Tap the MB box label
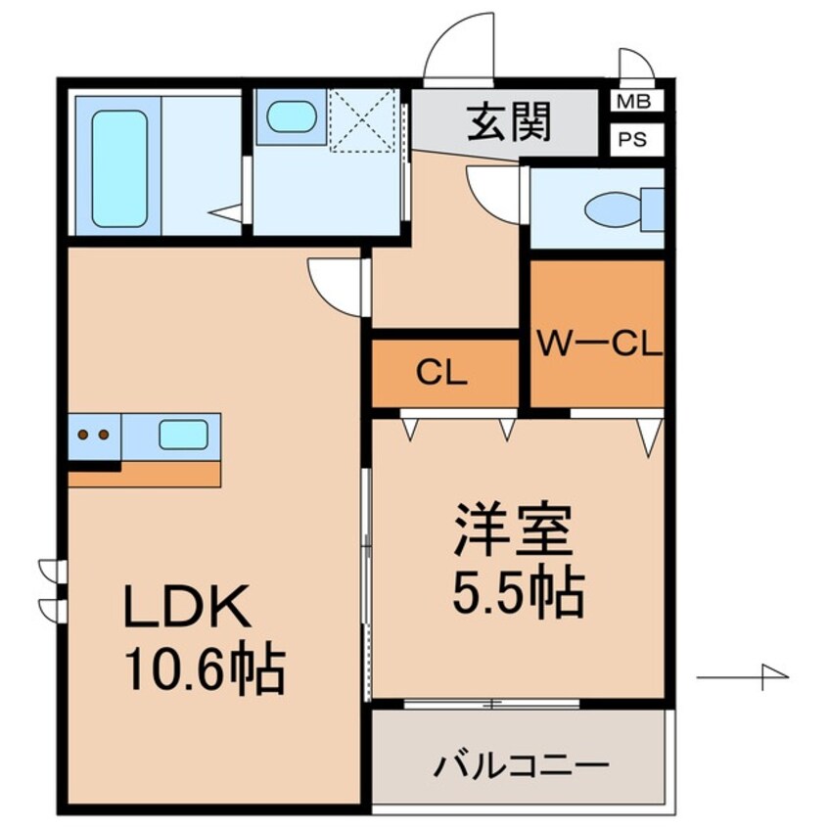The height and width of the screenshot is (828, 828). pyautogui.click(x=636, y=101)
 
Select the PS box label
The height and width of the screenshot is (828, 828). pyautogui.click(x=636, y=138)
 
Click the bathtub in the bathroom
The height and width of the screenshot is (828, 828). pyautogui.click(x=119, y=167)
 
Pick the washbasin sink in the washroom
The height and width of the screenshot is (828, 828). pyautogui.click(x=291, y=117)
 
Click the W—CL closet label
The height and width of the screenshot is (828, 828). pyautogui.click(x=598, y=344)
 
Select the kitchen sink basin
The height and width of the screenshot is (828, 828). pyautogui.click(x=183, y=436)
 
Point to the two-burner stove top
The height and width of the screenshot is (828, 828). pyautogui.click(x=94, y=435)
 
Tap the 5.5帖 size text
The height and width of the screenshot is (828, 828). pyautogui.click(x=518, y=590)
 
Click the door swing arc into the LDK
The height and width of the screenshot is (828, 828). pyautogui.click(x=336, y=283)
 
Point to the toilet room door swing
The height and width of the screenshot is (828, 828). pyautogui.click(x=495, y=188)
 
